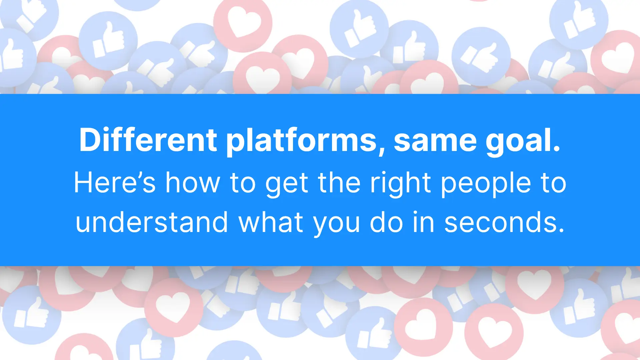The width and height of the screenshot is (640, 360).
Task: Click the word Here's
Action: pos(115,182)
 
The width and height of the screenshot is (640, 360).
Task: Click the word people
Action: pos(486,184)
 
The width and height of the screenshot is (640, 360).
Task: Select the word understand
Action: pos(152,222)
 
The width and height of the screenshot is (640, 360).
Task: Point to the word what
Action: pos(271,222)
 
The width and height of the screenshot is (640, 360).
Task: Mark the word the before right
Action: pos(339,182)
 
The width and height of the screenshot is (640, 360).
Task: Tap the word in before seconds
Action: pos(424,222)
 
